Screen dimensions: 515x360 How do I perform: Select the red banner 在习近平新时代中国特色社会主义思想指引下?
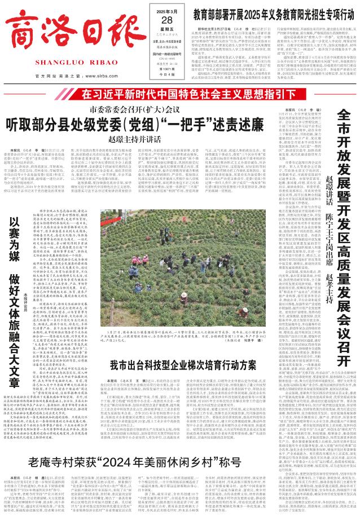(179, 78)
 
